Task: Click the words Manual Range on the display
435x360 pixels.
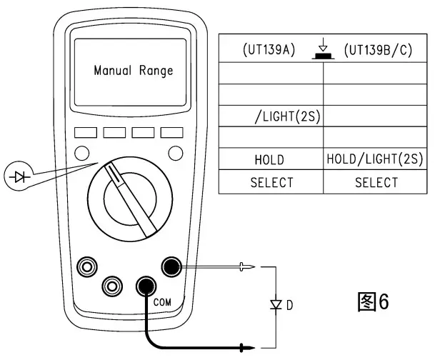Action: tap(134, 71)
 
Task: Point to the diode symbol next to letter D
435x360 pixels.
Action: tap(275, 305)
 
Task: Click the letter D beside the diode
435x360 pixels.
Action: tap(290, 306)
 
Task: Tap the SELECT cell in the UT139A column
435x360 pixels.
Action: tap(271, 182)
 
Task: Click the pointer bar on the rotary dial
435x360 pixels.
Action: tap(131, 196)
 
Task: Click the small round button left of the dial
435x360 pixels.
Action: tap(82, 152)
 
